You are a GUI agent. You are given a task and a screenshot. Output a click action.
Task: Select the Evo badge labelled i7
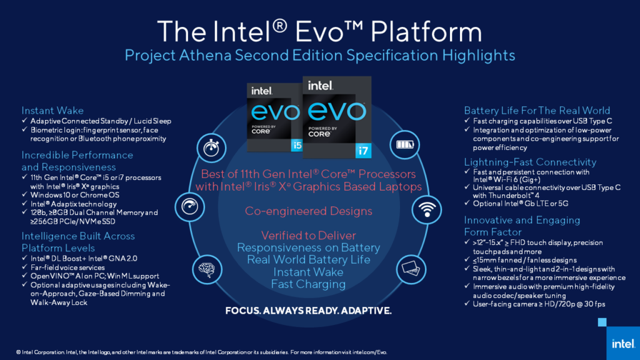pos(336,116)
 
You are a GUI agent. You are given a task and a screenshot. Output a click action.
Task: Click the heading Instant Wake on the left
pos(52,110)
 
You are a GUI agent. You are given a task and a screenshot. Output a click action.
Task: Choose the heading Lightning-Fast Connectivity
pos(530,162)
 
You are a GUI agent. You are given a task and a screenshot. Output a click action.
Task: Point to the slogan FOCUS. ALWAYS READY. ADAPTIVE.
pos(308,310)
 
